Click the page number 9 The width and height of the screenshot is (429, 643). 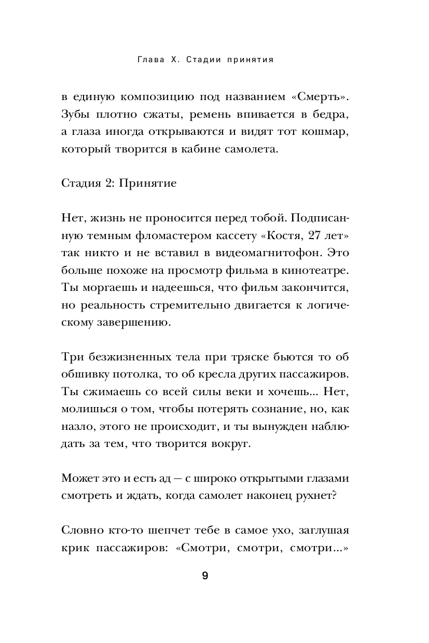click(205, 576)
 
